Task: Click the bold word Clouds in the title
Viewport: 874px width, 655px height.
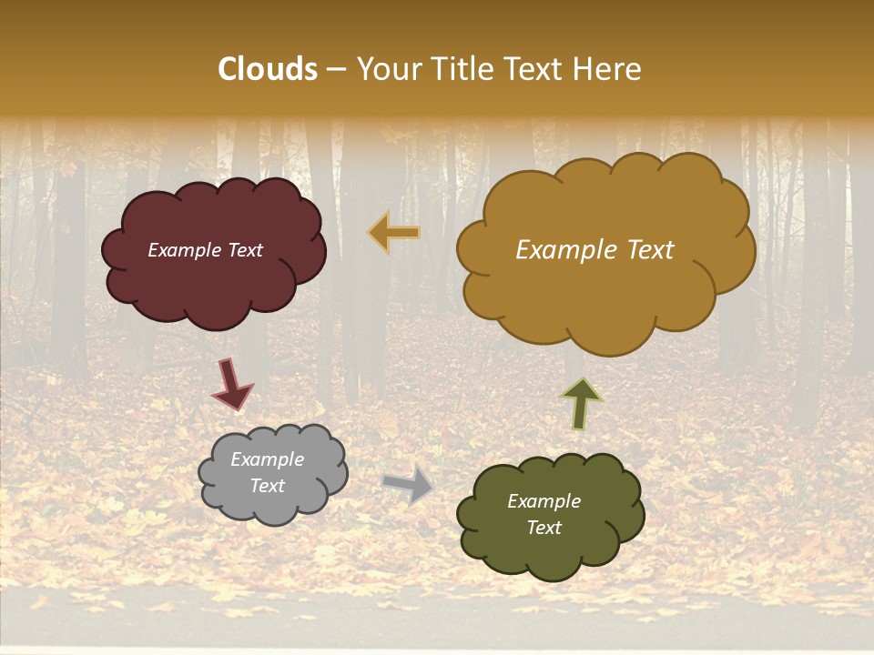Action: [x=268, y=69]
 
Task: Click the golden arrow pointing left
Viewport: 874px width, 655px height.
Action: [x=394, y=233]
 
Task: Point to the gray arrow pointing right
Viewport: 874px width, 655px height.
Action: [x=409, y=485]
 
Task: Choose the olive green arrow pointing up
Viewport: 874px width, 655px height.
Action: [x=581, y=403]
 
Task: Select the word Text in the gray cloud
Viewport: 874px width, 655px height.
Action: [x=268, y=486]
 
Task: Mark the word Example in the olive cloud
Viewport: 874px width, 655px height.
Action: [x=544, y=501]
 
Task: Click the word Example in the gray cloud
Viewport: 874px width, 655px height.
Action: [x=268, y=460]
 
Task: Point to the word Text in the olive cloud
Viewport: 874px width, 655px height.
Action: [x=544, y=528]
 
